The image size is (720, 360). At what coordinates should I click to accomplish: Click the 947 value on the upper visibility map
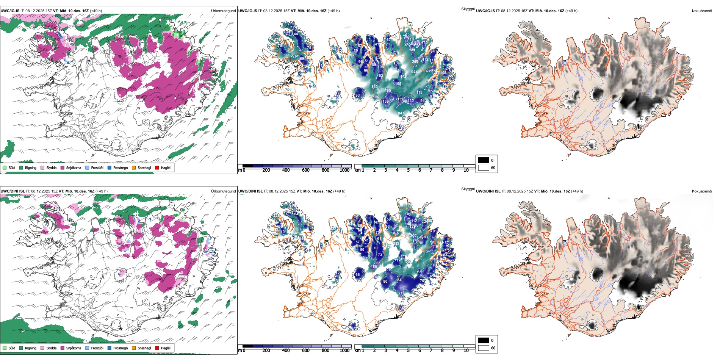[x=401, y=113]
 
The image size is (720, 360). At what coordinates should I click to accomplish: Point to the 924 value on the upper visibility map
[x=414, y=72]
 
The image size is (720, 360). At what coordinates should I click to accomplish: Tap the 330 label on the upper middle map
[x=374, y=87]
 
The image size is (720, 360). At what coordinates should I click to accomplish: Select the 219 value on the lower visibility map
[x=401, y=293]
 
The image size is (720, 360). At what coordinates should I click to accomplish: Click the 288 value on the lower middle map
[x=396, y=243]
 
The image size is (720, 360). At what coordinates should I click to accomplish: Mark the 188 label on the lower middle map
[x=374, y=267]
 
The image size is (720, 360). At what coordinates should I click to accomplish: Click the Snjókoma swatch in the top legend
[x=63, y=167]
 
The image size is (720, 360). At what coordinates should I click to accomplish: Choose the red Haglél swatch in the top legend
[x=157, y=167]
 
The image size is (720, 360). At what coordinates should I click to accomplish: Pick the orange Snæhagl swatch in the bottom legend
[x=134, y=348]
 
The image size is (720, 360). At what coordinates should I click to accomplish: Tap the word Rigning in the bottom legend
[x=31, y=348]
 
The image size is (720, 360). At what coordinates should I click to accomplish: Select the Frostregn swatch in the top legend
[x=110, y=167]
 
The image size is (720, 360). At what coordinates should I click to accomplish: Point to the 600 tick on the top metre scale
[x=305, y=170]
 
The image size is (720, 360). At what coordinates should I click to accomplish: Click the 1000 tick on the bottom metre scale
[x=344, y=351]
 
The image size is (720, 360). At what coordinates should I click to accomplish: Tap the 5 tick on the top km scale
[x=408, y=170]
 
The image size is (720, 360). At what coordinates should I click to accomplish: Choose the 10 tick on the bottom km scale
[x=466, y=351]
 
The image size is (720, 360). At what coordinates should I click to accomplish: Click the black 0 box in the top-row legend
[x=484, y=160]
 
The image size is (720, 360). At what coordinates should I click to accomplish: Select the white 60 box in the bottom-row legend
[x=484, y=348]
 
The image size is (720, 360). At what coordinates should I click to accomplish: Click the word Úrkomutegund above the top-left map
[x=223, y=11]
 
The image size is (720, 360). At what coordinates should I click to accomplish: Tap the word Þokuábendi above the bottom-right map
[x=702, y=191]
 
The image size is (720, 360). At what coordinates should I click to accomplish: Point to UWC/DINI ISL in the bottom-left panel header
[x=13, y=191]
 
